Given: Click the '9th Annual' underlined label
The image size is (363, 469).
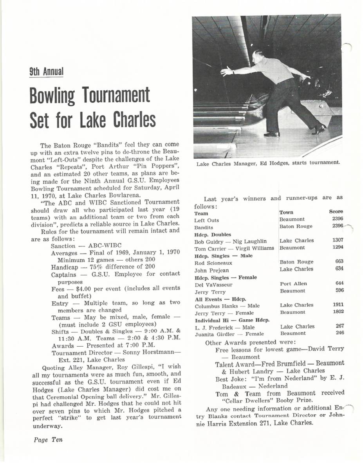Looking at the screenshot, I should (46, 72).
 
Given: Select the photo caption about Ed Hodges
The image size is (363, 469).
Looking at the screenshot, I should (268, 163).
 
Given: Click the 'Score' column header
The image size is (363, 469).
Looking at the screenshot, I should (336, 212).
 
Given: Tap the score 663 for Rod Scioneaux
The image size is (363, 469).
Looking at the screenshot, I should (339, 262).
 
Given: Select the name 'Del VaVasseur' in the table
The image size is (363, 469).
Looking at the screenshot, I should (211, 284).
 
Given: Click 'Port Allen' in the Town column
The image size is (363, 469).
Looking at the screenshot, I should (294, 284).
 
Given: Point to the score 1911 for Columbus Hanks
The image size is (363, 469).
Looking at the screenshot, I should (338, 304).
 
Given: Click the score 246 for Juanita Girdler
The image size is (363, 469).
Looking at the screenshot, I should (339, 333).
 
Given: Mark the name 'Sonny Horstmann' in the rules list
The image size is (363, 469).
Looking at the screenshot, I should (151, 353).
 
